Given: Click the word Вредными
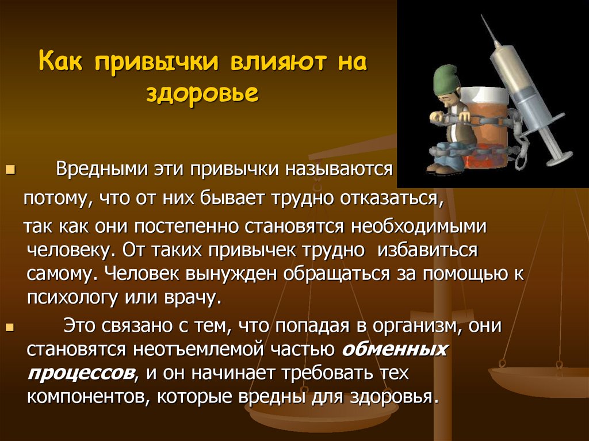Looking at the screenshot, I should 104,170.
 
